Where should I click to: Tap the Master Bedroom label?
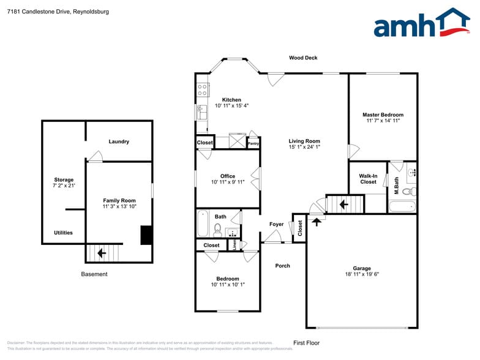pyautogui.click(x=383, y=114)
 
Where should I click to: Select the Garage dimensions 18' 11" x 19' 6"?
pyautogui.click(x=362, y=275)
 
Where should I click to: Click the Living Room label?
pyautogui.click(x=304, y=141)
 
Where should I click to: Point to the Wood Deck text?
pyautogui.click(x=303, y=58)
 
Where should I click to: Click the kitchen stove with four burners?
pyautogui.click(x=203, y=91)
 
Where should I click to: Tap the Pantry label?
pyautogui.click(x=253, y=144)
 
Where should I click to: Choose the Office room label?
pyautogui.click(x=228, y=176)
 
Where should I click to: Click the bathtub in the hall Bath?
pyautogui.click(x=202, y=224)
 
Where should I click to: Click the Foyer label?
pyautogui.click(x=276, y=224)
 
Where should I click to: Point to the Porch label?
pyautogui.click(x=282, y=266)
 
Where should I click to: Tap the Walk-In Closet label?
pyautogui.click(x=368, y=179)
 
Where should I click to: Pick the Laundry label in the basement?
pyautogui.click(x=119, y=141)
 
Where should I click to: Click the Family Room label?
pyautogui.click(x=119, y=200)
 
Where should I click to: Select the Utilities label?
pyautogui.click(x=63, y=233)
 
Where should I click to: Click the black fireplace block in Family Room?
pyautogui.click(x=146, y=236)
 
